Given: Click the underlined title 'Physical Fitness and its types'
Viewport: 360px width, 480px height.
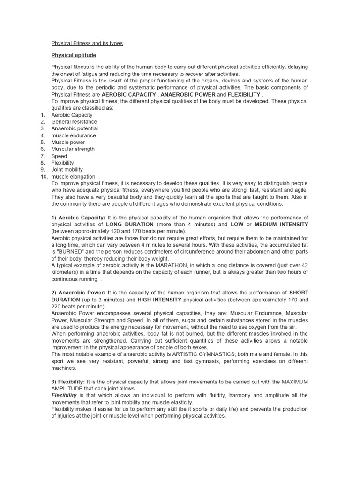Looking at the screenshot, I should tap(87, 43).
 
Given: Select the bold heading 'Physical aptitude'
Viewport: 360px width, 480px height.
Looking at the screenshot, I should tap(74, 55).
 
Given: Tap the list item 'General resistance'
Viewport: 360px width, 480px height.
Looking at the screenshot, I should tap(74, 122).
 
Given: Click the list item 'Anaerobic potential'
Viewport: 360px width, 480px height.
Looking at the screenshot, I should tap(75, 128).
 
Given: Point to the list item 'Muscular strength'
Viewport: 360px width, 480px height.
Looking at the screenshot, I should tap(73, 149).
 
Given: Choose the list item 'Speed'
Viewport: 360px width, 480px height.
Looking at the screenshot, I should tap(59, 156).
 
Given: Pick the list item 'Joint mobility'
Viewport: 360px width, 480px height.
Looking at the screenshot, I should tap(67, 170).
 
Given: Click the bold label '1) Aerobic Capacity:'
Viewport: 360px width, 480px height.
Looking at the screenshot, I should tap(79, 217).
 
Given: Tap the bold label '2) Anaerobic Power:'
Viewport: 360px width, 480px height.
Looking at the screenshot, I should tap(79, 292).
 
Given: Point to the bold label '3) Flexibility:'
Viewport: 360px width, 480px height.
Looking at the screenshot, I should tap(68, 382).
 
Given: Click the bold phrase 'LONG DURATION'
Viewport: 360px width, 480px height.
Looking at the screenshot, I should tap(127, 225).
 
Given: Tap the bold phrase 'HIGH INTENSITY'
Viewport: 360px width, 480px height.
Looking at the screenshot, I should tap(159, 300).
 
